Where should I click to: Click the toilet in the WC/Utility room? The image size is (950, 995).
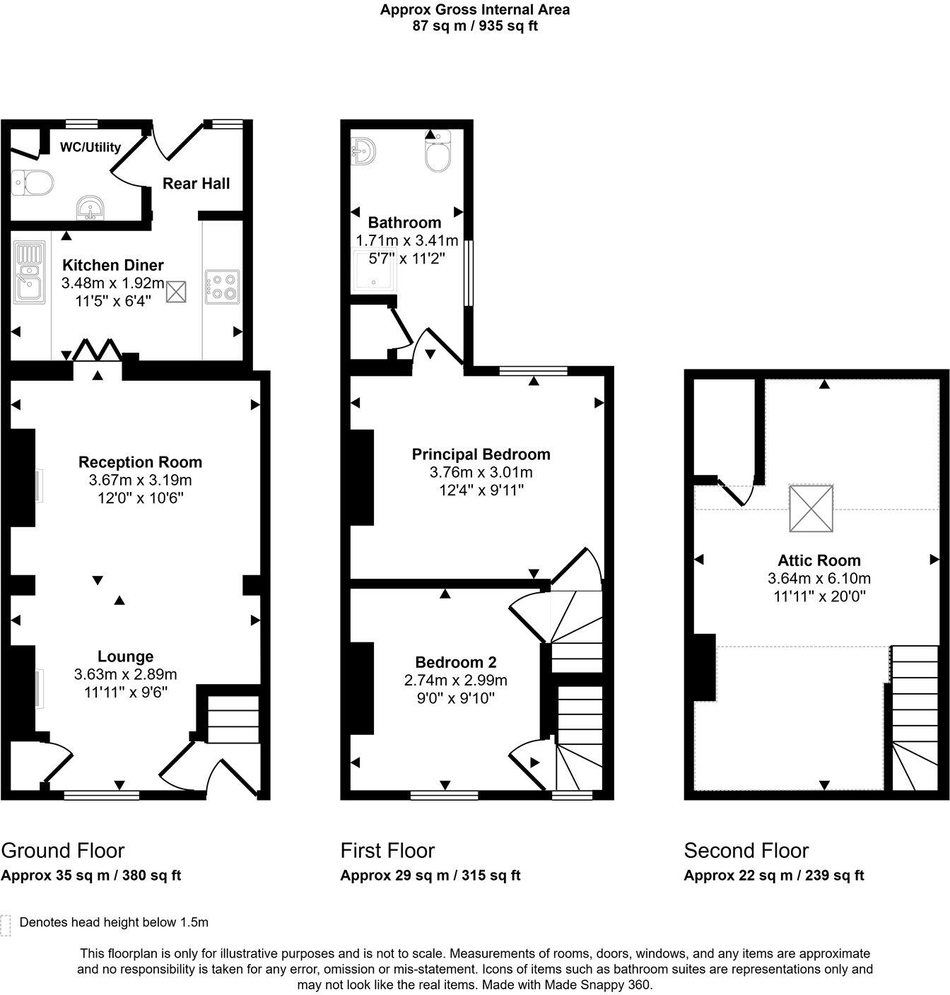(x=33, y=184)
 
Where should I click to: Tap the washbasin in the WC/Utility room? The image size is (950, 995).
(x=91, y=208)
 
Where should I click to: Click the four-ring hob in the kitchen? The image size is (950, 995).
(x=222, y=287)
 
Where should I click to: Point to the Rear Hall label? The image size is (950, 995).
(x=196, y=184)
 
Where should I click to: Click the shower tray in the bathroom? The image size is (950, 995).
(x=374, y=269)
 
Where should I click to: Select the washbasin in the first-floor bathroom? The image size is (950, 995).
(x=363, y=151)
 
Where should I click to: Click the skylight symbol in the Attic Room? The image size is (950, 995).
(x=811, y=507)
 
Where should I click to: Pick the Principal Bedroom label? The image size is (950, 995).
(x=481, y=454)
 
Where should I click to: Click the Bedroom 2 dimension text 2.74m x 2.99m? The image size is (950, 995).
(x=456, y=681)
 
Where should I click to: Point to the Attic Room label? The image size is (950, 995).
(x=819, y=560)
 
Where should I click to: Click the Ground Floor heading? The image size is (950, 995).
(x=63, y=850)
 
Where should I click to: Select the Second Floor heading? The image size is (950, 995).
(x=746, y=850)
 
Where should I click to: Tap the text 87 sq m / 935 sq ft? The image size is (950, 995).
(x=474, y=26)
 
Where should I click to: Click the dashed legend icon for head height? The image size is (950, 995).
(x=6, y=925)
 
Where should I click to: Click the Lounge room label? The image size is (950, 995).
(x=125, y=657)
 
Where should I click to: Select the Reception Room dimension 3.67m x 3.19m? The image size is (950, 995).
(x=140, y=481)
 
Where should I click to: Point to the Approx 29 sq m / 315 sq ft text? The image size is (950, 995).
(x=430, y=876)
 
